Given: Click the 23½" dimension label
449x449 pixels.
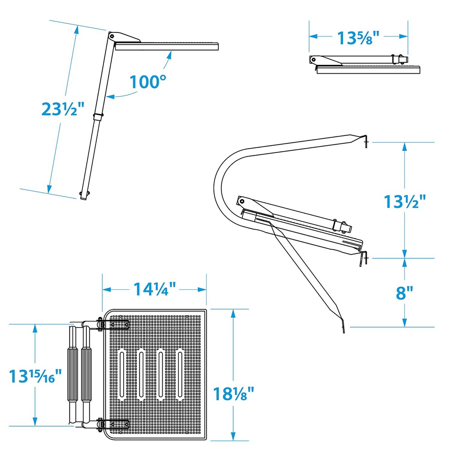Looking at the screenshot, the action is [63, 109].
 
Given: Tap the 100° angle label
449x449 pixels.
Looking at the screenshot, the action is [148, 82].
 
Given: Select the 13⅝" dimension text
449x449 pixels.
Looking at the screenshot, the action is [358, 38].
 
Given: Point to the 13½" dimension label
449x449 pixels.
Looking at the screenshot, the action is [405, 201].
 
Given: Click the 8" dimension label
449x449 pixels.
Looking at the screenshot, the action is [404, 292].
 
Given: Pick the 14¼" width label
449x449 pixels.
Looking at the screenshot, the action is [155, 289].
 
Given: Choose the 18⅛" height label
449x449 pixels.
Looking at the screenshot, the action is [234, 393].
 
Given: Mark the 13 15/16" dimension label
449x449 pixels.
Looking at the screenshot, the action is [35, 376].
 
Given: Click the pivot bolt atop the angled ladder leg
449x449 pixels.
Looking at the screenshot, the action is [112, 36].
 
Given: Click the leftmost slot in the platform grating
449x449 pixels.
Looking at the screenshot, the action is [122, 374].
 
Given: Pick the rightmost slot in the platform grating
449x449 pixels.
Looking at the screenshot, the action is [180, 374].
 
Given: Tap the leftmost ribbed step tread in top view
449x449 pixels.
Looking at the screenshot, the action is [73, 374].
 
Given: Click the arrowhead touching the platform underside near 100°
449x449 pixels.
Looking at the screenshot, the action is [169, 55].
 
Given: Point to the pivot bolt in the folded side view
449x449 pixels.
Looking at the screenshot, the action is [314, 60].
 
